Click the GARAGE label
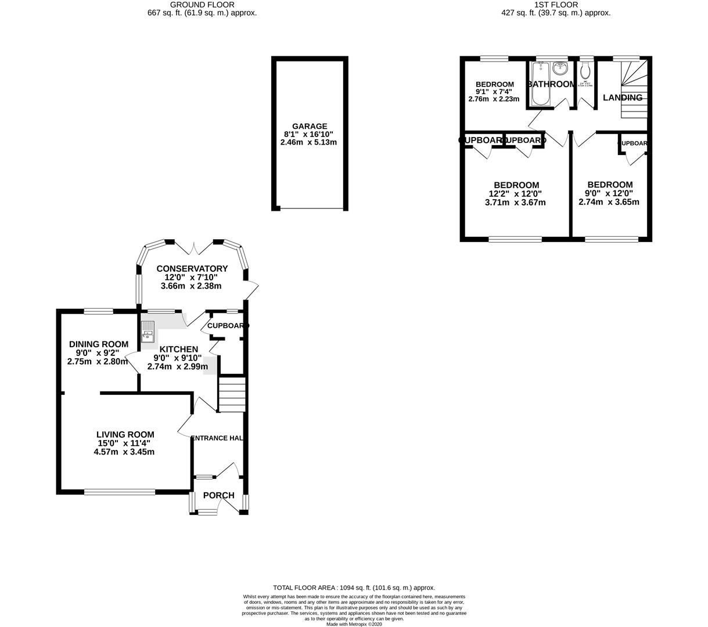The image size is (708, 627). [x=310, y=126]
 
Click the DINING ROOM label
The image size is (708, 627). [x=98, y=344]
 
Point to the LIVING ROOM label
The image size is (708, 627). [x=125, y=434]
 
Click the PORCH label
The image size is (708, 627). [x=219, y=495]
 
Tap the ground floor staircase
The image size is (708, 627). [x=232, y=395]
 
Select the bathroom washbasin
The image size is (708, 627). [x=560, y=69]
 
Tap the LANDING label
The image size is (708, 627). [x=623, y=98]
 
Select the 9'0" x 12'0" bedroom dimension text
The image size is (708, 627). [x=609, y=193]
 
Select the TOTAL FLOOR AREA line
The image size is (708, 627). [x=354, y=588]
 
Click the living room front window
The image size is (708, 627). [x=120, y=492]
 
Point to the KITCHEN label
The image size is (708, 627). [x=179, y=349]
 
